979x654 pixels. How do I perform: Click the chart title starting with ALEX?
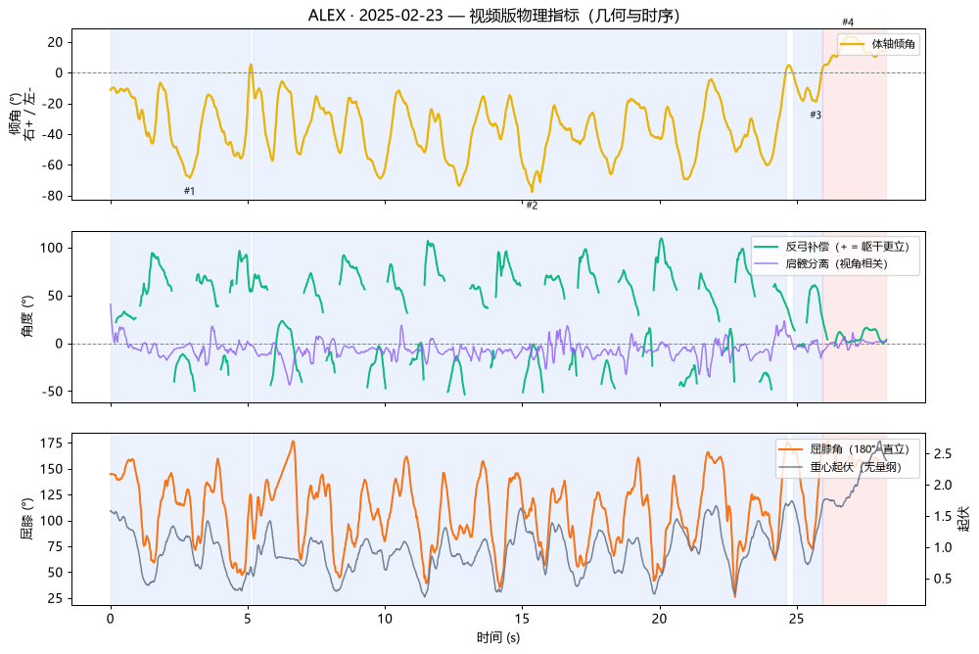(493, 15)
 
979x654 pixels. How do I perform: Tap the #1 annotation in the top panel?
(189, 191)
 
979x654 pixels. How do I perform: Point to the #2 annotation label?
(532, 206)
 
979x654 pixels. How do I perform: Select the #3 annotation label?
(816, 115)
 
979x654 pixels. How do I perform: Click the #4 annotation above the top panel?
(847, 22)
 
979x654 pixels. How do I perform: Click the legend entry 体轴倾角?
(878, 44)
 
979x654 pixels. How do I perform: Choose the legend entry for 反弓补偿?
(831, 247)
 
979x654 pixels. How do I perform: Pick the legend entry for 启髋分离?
(821, 263)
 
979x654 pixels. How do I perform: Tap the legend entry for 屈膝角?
(844, 448)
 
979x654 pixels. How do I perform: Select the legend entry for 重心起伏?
(841, 466)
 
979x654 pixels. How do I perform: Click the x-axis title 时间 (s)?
(498, 637)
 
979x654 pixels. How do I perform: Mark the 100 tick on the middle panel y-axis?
(51, 248)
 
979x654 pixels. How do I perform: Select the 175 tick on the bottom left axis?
(51, 443)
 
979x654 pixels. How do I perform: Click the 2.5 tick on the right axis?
(943, 453)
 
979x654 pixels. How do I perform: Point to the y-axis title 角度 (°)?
(26, 316)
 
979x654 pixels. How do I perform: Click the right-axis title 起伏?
(964, 519)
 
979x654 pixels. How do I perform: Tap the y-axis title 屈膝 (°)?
(26, 519)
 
